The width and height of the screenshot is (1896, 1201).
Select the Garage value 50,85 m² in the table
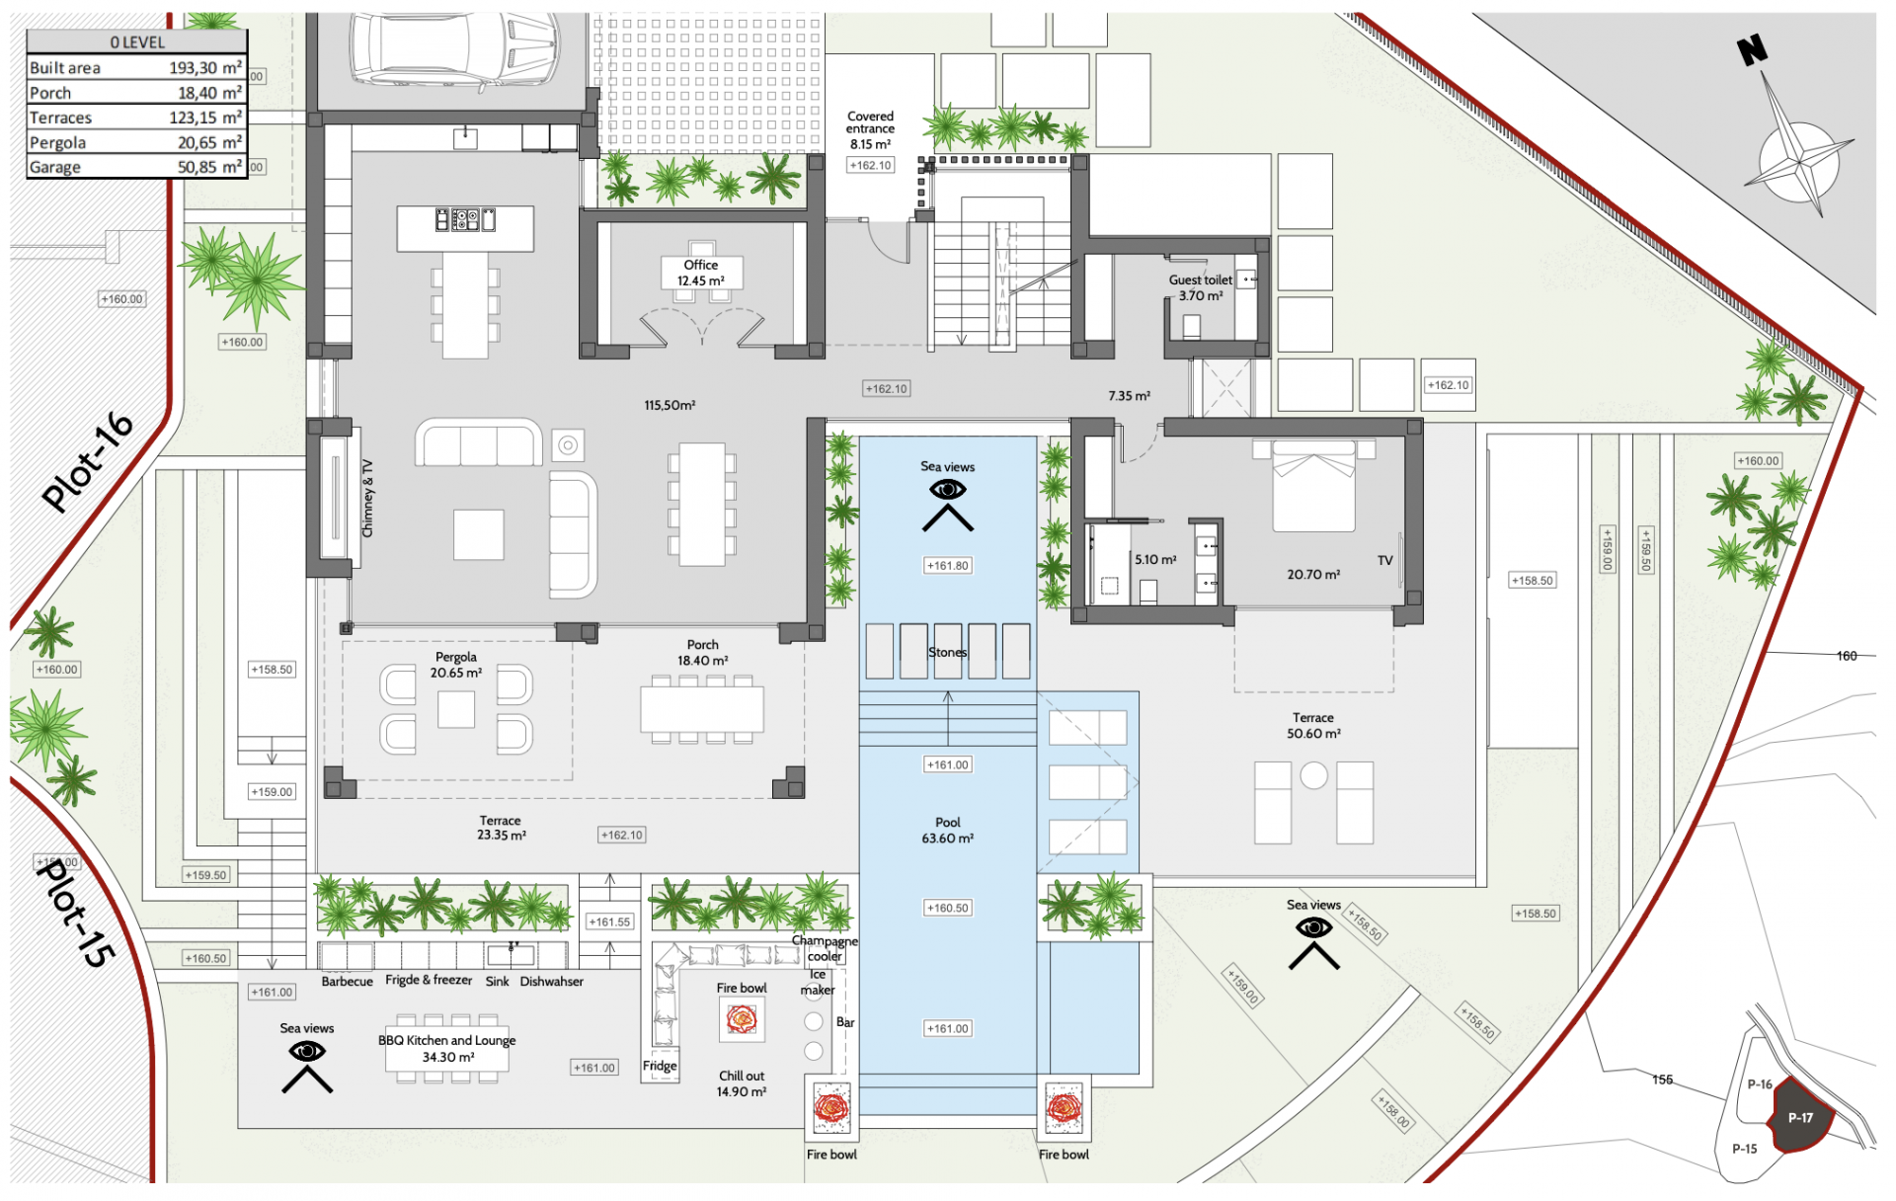[x=209, y=167]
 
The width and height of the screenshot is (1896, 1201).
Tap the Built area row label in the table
[x=65, y=68]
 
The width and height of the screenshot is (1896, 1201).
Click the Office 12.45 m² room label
[x=701, y=273]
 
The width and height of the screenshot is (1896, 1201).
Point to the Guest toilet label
[x=1201, y=280]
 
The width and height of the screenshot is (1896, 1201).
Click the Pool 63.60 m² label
[x=948, y=830]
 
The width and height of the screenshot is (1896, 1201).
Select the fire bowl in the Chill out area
[x=741, y=1019]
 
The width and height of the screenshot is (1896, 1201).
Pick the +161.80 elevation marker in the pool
[x=948, y=566]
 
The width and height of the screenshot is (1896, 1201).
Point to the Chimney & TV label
[x=367, y=498]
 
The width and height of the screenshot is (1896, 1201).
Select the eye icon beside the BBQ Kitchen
[x=307, y=1051]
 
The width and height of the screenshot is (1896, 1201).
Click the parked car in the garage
[x=454, y=49]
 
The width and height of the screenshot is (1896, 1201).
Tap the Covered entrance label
[x=870, y=122]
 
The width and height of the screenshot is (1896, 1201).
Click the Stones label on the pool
[x=947, y=652]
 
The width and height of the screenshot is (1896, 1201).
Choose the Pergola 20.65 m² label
[x=456, y=665]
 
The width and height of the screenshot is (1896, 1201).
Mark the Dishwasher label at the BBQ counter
[x=552, y=981]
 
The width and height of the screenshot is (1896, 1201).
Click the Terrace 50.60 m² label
[x=1313, y=726]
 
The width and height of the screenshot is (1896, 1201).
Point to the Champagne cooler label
[x=825, y=948]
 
